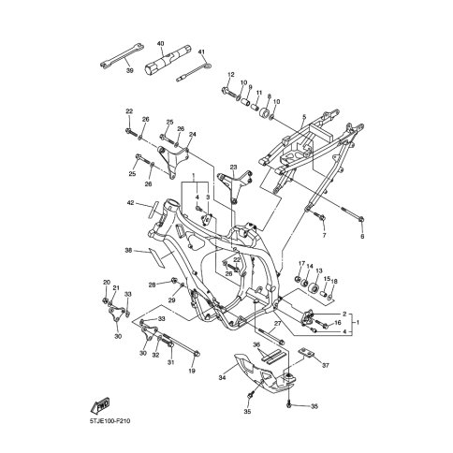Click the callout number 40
[161, 43]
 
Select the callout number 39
[129, 70]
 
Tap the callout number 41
[201, 51]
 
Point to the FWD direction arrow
[100, 405]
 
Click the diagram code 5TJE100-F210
[110, 421]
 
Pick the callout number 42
[130, 203]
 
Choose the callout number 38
[128, 250]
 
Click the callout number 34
[222, 378]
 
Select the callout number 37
[326, 365]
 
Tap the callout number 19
[193, 371]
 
